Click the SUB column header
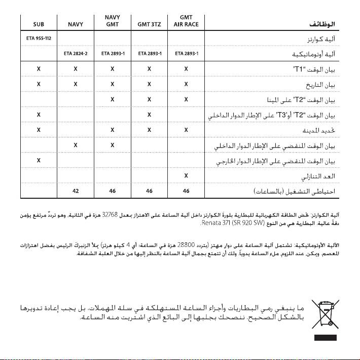point(39,24)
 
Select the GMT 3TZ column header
point(149,24)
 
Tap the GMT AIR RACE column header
point(186,20)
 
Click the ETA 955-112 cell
point(39,38)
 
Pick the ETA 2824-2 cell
point(76,53)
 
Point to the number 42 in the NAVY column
point(76,192)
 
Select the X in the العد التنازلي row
point(186,176)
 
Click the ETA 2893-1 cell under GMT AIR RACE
point(186,53)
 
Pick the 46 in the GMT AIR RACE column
point(186,192)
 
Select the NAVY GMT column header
point(113,20)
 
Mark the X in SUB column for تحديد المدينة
point(39,130)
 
